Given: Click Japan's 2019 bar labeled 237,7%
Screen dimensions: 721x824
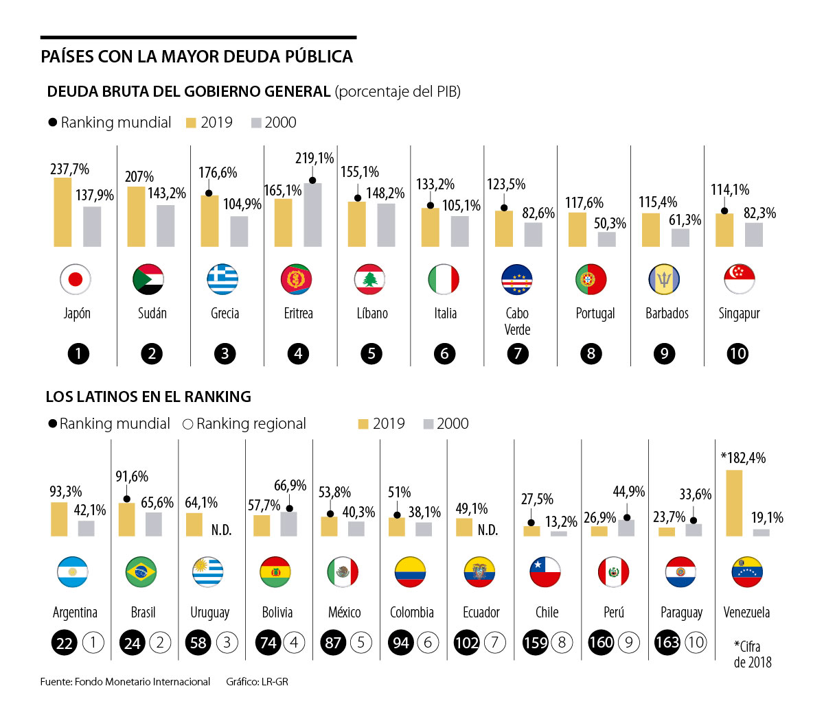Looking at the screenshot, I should point(62,212).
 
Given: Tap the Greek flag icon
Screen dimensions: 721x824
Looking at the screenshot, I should point(222,279).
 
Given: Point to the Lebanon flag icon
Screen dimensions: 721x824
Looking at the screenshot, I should point(369,279).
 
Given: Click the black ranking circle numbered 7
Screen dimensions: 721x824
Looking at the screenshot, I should point(518,354).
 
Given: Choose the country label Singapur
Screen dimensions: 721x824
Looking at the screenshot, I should point(739,314).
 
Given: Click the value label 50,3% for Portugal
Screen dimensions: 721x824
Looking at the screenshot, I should point(610,224).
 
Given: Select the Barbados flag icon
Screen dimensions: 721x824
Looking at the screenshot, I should point(664,279).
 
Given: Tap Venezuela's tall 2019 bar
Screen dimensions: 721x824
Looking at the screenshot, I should point(734,503).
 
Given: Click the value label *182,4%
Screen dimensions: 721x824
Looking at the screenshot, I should point(743,458).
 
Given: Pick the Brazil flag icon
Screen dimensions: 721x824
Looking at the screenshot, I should point(141,571).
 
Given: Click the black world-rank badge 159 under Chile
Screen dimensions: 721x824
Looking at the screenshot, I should point(536,643).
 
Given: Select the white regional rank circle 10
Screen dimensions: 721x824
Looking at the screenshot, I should point(696,643).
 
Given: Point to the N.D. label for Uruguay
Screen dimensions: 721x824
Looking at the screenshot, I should point(221,530).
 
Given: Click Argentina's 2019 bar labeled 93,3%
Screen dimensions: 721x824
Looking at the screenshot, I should point(59,519).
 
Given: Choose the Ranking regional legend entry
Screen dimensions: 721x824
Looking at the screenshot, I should point(244,424).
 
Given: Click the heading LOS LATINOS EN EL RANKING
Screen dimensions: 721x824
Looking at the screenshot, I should point(148,397).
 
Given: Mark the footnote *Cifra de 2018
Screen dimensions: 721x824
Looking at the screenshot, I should point(752,654).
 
